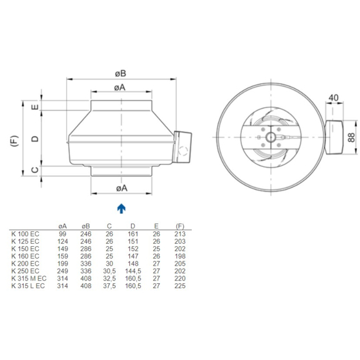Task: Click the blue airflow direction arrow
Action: point(121,207)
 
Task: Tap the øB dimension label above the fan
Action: point(121,73)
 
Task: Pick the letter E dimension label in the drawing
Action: point(36,107)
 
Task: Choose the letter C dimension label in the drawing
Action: point(36,169)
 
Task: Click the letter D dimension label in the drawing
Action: point(36,138)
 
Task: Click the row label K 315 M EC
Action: point(28,279)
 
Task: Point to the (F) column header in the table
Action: point(180,226)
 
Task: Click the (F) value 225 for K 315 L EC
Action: point(180,286)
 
